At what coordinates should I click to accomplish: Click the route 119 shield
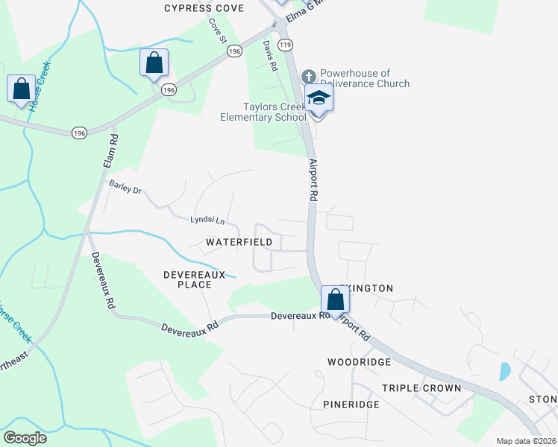coord(285,45)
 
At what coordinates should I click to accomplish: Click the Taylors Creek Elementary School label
coord(263,112)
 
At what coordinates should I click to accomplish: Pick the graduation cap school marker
coord(319,99)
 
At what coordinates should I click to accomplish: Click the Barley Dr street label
coord(125,187)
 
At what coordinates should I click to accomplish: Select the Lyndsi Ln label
coord(207,221)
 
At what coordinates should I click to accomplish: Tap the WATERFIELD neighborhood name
coord(233,243)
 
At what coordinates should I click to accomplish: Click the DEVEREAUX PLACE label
coord(194,279)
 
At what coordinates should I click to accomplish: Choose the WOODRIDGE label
coord(359,362)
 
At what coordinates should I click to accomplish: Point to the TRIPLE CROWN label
coord(421,388)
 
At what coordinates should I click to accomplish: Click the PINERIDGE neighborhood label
coord(351,405)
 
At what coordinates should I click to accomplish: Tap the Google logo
coord(25,438)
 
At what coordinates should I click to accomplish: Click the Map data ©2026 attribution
coord(526,441)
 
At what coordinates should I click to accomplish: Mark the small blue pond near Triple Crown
coord(504,371)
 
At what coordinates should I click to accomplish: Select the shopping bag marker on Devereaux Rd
coord(336,300)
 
